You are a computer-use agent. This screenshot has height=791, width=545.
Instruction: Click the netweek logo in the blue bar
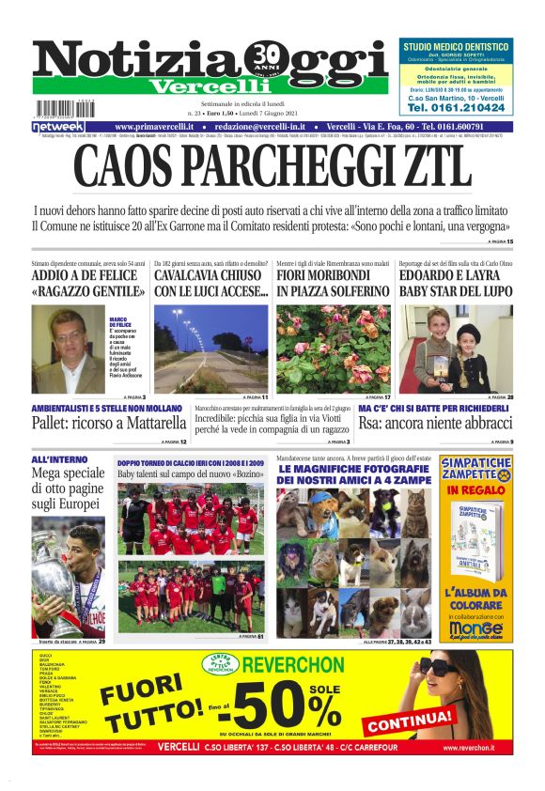(58, 126)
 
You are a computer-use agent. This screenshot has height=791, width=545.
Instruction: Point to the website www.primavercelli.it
(154, 126)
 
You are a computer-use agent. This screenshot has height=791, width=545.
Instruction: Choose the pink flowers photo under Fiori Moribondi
(333, 349)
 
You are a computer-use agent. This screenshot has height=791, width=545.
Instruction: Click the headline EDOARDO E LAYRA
(456, 277)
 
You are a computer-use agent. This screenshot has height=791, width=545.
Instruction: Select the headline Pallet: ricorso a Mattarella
(109, 424)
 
